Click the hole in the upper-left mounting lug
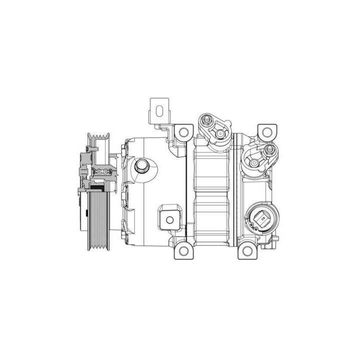pyautogui.click(x=183, y=132)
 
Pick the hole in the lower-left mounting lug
pyautogui.click(x=183, y=250)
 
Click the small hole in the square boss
pyautogui.click(x=170, y=219)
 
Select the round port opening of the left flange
pyautogui.click(x=219, y=133)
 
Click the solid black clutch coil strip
pyautogui.click(x=98, y=187)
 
